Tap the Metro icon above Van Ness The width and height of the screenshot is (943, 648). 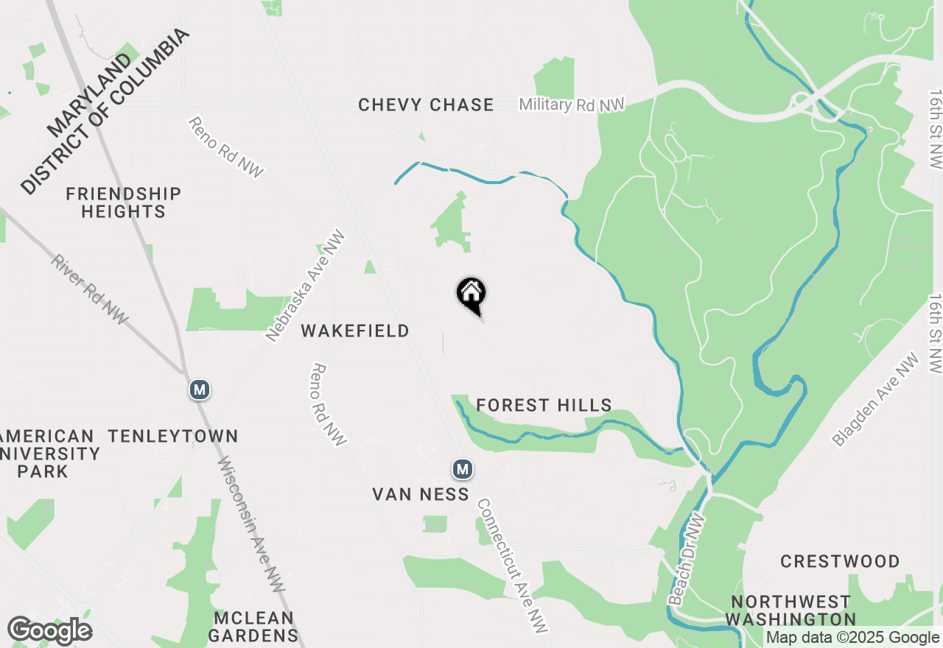click(462, 468)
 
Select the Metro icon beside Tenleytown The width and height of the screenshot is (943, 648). click(199, 389)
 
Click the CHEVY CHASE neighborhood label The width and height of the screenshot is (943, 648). click(426, 105)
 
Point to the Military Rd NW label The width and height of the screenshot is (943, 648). click(572, 105)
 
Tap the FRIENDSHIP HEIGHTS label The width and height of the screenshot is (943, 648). click(122, 202)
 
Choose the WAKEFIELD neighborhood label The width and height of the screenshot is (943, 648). click(355, 331)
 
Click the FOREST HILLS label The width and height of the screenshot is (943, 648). click(544, 405)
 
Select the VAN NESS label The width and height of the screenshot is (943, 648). click(421, 494)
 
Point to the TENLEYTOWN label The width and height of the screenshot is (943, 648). click(173, 436)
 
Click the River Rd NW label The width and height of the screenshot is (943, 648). click(90, 290)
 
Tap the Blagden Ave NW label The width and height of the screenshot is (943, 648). click(876, 399)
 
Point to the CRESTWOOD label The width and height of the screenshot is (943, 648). click(840, 562)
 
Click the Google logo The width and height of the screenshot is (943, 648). click(49, 631)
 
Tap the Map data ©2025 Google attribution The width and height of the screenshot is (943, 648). click(853, 638)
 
